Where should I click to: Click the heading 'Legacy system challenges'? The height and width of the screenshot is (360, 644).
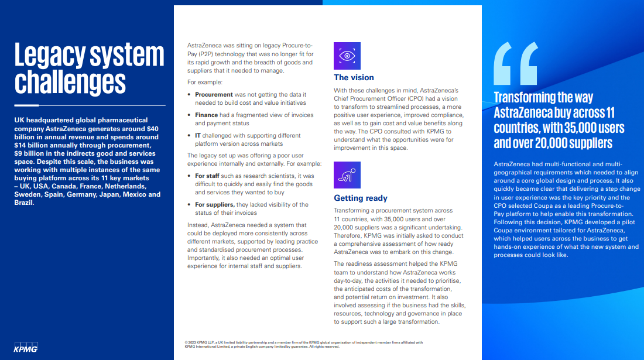89,68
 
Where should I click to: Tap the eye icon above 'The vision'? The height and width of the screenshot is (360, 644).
347,56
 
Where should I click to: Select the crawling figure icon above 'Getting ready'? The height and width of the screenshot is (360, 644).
347,175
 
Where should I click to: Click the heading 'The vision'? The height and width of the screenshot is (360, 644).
354,77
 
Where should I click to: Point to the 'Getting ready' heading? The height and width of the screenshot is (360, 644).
361,198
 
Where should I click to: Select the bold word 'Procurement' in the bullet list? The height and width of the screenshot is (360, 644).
214,94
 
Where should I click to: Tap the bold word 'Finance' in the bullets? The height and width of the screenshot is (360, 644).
206,115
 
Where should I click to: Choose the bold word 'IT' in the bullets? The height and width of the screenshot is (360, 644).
198,136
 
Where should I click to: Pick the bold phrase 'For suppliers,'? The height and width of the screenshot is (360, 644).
215,204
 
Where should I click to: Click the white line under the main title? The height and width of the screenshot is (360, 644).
90,105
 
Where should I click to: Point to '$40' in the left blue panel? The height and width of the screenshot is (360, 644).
153,129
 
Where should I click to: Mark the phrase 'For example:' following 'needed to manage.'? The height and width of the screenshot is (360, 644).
205,82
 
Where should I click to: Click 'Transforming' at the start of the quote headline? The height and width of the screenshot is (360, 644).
526,97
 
